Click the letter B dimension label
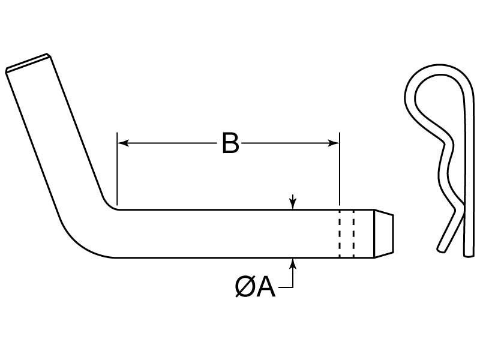point(230,143)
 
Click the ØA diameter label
point(255,287)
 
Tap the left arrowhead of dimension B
point(122,143)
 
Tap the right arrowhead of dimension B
point(334,143)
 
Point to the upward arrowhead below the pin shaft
point(292,262)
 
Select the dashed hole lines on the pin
point(346,233)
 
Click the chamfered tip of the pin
point(384,233)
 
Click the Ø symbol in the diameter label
point(244,287)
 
